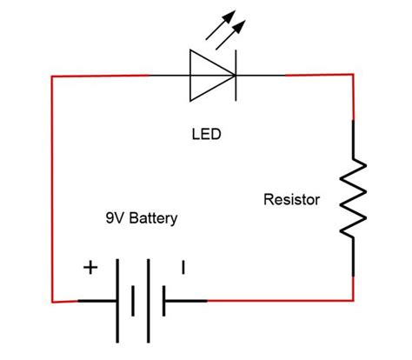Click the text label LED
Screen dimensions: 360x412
pos(205,136)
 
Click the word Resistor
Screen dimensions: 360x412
pos(291,200)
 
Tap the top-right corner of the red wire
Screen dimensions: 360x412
pos(352,76)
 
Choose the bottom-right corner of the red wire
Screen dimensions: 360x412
pos(353,300)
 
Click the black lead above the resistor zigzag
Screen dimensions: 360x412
pos(352,139)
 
